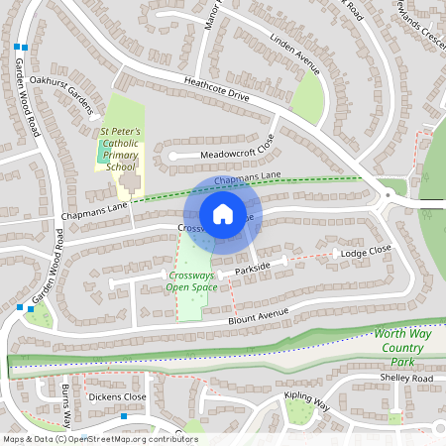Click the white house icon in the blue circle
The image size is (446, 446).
click(223, 213)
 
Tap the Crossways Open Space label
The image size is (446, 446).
click(192, 281)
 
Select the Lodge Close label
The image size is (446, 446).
click(366, 253)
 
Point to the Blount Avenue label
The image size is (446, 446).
click(256, 314)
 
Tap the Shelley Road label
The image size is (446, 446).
click(406, 379)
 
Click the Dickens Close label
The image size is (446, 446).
click(116, 396)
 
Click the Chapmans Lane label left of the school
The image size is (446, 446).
click(95, 211)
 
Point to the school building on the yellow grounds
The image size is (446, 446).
click(129, 184)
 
